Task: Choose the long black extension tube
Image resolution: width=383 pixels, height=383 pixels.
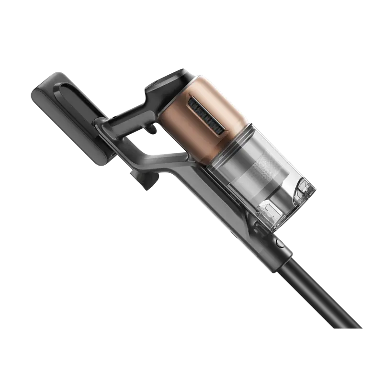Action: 321,292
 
